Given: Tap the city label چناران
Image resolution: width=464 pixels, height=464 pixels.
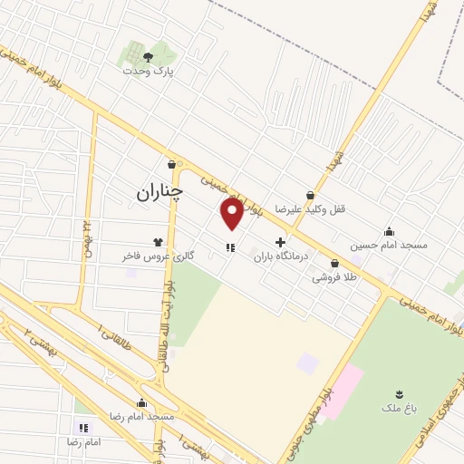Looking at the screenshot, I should [x=159, y=192].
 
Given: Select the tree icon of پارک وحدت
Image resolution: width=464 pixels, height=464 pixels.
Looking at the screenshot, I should [x=148, y=56].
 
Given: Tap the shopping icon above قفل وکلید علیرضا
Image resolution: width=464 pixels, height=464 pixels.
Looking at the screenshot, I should [x=311, y=195].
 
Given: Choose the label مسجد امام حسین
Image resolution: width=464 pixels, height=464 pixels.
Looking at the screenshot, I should [x=390, y=245].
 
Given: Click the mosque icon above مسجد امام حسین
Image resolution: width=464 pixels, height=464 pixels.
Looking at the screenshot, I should [x=390, y=231].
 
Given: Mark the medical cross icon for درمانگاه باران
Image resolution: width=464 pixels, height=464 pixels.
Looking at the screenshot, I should [x=280, y=243].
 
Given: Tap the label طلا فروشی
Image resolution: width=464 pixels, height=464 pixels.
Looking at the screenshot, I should [x=335, y=277].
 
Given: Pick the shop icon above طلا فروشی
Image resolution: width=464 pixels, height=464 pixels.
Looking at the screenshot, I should [x=335, y=263].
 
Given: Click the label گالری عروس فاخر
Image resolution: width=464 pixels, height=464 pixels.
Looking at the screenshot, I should [x=159, y=256].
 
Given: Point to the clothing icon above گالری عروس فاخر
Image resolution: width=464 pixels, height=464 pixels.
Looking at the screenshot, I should [x=159, y=242].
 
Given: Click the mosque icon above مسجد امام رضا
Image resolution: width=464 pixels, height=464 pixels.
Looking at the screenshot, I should [x=141, y=402].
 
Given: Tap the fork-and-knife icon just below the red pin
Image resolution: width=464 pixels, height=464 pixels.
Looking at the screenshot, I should [x=230, y=246].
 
